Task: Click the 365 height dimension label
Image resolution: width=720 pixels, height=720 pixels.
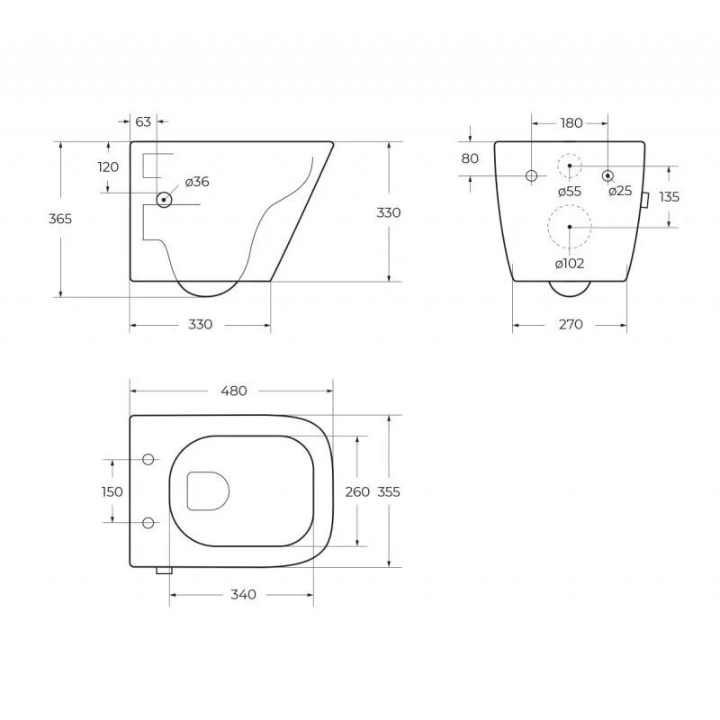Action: click(x=60, y=219)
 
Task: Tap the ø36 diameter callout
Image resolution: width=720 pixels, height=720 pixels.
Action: click(x=197, y=182)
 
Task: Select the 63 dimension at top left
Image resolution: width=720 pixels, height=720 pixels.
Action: click(x=143, y=121)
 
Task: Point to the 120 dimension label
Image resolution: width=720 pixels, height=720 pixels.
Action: click(x=108, y=166)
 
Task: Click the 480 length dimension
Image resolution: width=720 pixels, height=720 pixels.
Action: click(x=234, y=391)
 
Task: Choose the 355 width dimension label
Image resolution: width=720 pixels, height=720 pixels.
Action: click(x=389, y=491)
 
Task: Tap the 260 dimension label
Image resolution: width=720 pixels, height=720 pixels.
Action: click(x=357, y=491)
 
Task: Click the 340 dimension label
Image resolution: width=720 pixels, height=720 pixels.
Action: click(x=243, y=595)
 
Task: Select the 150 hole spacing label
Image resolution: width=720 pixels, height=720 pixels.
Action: click(x=112, y=491)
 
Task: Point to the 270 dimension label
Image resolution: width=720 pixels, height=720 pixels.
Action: click(x=571, y=325)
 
